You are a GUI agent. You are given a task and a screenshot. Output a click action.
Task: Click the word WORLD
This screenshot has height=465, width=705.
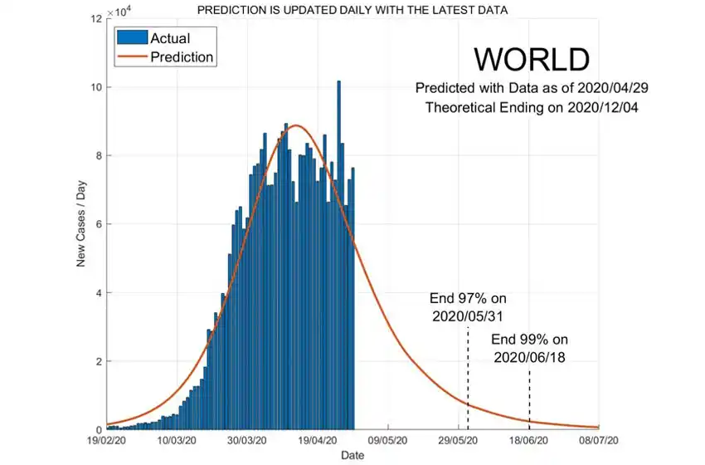click(x=531, y=60)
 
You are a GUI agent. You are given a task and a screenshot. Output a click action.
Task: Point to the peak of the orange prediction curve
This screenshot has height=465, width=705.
click(x=296, y=125)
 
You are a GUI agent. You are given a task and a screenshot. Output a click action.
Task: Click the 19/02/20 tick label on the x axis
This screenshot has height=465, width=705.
click(x=106, y=441)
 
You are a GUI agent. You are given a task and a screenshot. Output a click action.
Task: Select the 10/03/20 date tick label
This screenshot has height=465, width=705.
click(x=177, y=441)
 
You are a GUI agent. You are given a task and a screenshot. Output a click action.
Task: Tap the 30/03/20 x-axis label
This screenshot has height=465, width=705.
click(x=247, y=441)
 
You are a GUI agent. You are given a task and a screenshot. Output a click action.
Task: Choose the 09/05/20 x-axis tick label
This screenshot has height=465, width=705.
click(x=388, y=441)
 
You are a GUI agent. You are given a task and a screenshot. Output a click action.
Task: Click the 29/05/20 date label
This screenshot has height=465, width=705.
click(x=459, y=441)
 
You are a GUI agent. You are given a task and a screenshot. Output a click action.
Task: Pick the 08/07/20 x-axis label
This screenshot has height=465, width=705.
click(x=599, y=441)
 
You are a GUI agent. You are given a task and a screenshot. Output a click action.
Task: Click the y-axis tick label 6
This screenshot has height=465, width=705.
click(x=99, y=224)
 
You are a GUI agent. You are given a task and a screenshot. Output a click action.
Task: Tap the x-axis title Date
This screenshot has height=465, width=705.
click(x=352, y=455)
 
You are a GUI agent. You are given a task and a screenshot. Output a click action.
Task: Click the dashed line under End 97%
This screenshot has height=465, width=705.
click(x=468, y=374)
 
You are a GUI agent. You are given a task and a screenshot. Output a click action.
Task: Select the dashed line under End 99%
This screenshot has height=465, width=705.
click(x=529, y=394)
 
